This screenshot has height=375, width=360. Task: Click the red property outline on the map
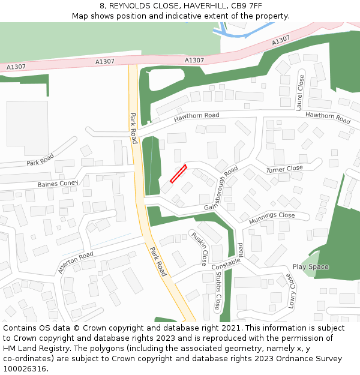(178, 173)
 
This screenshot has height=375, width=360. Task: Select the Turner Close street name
(285, 169)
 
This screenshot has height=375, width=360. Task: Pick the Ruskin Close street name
(199, 248)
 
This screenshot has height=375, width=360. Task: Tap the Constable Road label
(227, 257)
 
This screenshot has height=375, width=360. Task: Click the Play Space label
(310, 266)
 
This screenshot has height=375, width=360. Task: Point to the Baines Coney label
(58, 183)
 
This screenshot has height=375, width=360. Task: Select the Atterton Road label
(76, 263)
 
